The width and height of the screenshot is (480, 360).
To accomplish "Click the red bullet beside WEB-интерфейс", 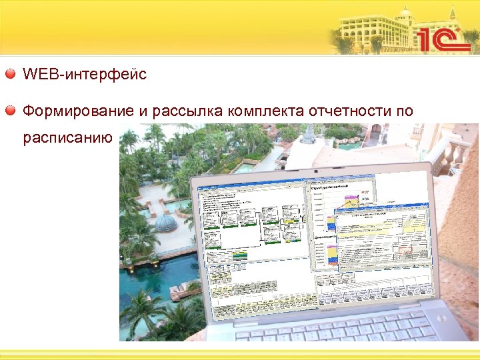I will [x=11, y=74].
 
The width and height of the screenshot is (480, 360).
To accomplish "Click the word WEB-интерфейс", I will [x=85, y=74].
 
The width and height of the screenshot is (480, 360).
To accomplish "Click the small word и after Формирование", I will [x=143, y=111].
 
